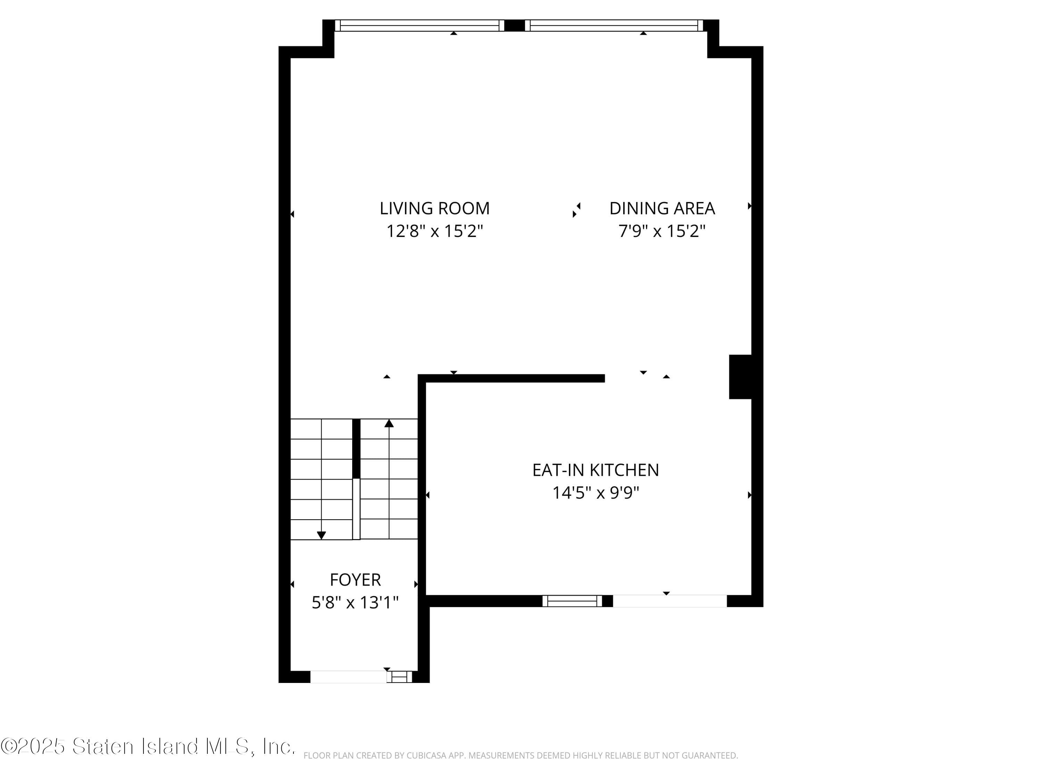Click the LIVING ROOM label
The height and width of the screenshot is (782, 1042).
(x=434, y=208)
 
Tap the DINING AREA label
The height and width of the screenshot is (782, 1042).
(x=662, y=208)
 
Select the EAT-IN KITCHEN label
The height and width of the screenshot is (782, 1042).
(x=595, y=470)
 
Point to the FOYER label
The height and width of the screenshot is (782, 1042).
(x=355, y=579)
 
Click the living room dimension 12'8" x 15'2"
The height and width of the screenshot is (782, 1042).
(x=434, y=231)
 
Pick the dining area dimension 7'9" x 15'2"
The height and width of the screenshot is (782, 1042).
(x=662, y=231)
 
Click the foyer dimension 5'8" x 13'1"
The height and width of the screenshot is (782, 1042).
(x=355, y=602)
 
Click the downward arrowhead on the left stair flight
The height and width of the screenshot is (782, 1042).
(x=321, y=535)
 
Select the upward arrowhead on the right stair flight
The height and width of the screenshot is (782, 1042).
(x=389, y=423)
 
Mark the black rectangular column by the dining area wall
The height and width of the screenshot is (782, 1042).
(x=740, y=377)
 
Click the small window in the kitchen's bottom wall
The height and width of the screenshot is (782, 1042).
(x=572, y=601)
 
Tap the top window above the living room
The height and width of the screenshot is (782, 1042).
(x=419, y=25)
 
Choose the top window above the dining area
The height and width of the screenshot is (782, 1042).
(x=614, y=25)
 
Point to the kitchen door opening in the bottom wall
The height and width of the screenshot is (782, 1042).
(x=669, y=601)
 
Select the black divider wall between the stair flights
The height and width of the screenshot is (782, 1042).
(x=356, y=448)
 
